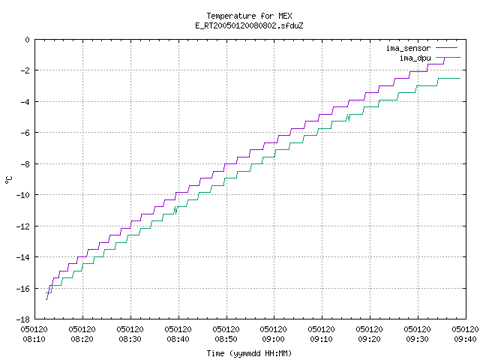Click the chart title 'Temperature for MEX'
249,16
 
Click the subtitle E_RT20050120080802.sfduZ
249,25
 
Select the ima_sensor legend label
408,48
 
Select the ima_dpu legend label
415,58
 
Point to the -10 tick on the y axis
23,195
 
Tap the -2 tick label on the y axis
25,70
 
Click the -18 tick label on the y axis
23,319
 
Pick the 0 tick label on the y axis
28,40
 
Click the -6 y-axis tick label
25,133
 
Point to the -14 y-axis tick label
23,257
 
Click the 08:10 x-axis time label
34,339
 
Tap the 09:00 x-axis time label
273,339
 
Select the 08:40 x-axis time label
178,339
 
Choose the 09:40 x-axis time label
465,339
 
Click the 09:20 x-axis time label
369,339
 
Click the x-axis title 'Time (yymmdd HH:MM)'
249,353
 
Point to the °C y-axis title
8,180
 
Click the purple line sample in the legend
447,48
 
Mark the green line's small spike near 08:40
175,210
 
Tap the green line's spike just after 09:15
348,118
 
